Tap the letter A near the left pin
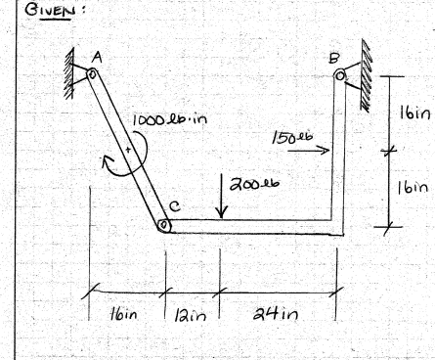[x=98, y=55]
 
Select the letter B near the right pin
[x=335, y=55]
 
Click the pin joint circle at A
[x=92, y=73]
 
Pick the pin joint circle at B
[x=339, y=72]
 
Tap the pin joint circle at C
[x=164, y=226]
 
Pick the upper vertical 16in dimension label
[x=411, y=113]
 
